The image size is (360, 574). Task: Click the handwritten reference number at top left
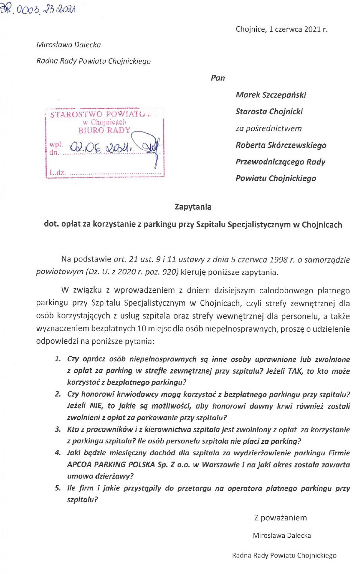click(38, 10)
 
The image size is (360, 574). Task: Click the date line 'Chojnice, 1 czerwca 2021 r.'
click(281, 29)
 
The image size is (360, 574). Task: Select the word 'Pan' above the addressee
click(218, 78)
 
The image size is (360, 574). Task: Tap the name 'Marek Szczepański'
click(271, 95)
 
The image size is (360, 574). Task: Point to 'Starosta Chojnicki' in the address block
click(269, 112)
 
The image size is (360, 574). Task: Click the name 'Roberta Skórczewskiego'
click(281, 145)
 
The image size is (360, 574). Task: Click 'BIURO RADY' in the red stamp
click(104, 130)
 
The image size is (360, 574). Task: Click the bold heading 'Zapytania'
click(193, 207)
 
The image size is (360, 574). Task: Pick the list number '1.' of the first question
click(58, 359)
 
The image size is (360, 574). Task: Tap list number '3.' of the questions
click(58, 429)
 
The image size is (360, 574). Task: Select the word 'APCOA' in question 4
click(79, 464)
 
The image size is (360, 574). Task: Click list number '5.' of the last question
click(58, 488)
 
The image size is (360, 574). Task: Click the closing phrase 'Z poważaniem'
click(280, 518)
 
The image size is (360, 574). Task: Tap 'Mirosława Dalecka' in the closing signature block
click(282, 536)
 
